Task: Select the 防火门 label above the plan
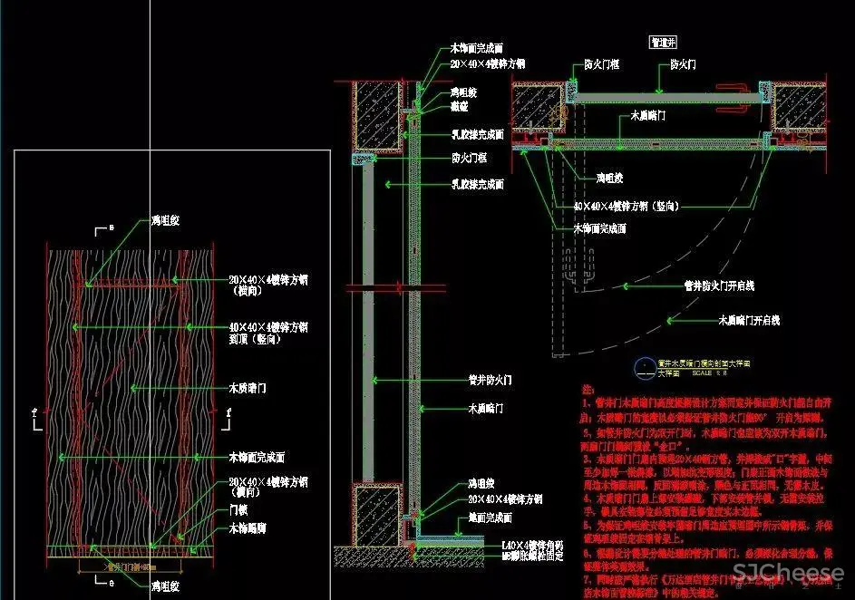click(684, 65)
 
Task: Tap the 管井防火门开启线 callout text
click(719, 285)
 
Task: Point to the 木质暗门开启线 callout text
click(749, 320)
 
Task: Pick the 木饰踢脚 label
click(246, 527)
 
